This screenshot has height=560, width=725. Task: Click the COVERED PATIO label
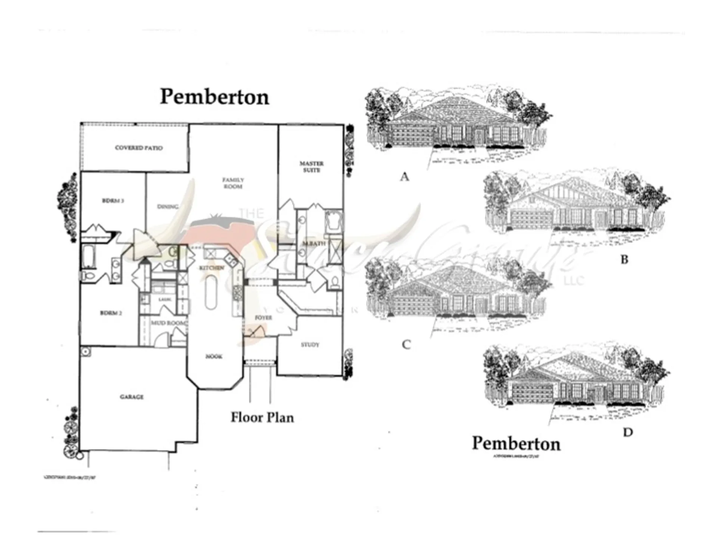point(139,148)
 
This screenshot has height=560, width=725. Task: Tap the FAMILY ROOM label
point(233,183)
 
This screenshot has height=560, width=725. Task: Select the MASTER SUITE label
point(312,167)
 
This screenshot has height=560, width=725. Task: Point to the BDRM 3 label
point(113,201)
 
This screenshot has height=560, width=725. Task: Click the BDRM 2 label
point(111,313)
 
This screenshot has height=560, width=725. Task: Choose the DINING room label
point(167,206)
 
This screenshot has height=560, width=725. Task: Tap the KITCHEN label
point(211,268)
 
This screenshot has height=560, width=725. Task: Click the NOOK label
point(214,357)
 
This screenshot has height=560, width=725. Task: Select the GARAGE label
point(131,396)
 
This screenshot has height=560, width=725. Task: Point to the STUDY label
point(310,345)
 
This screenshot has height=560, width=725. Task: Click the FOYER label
point(263,317)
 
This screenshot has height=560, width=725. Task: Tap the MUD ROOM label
point(168,323)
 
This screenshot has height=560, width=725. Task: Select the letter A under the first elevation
point(404,177)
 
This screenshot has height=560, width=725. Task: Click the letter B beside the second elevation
point(624,259)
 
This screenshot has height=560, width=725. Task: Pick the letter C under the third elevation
point(406,344)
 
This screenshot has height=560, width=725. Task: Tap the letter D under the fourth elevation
point(628,432)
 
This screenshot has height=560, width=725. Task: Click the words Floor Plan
point(262,417)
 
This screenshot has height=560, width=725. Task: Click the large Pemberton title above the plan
point(214,97)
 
